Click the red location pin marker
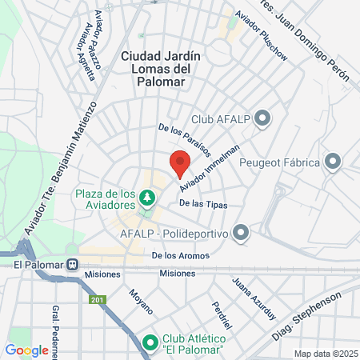click(180, 164)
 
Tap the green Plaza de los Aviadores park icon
click(146, 196)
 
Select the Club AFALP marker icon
click(263, 120)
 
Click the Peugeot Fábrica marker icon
click(333, 162)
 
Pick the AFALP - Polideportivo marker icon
click(242, 233)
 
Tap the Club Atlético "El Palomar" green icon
click(150, 343)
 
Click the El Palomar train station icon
click(73, 264)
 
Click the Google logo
click(26, 350)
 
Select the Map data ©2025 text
click(324, 354)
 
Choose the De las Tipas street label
click(203, 205)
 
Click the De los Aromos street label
click(181, 256)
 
